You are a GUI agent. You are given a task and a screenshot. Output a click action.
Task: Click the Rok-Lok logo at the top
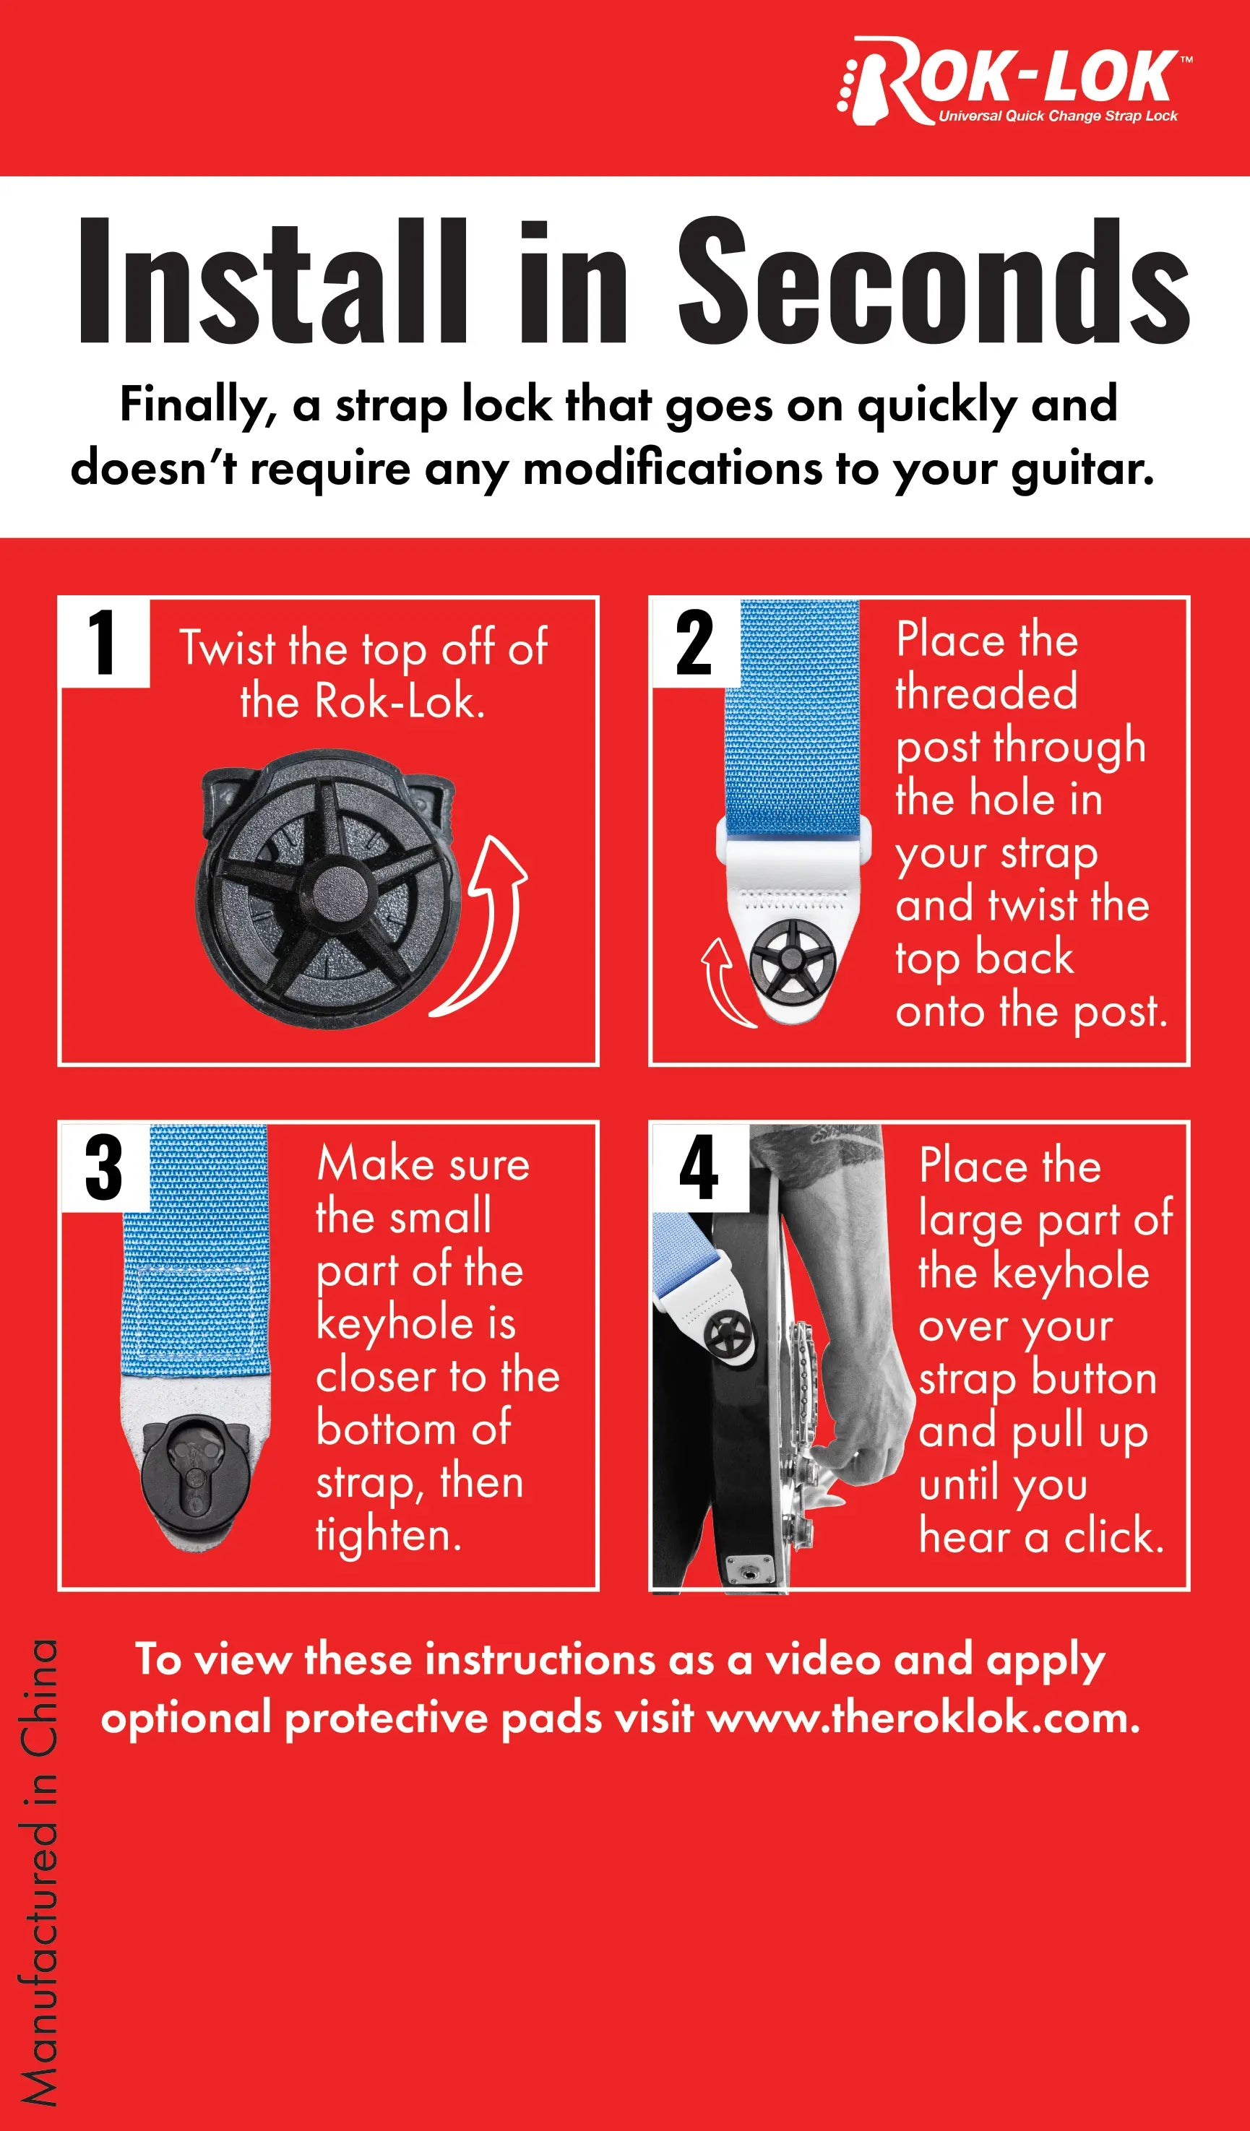[1015, 80]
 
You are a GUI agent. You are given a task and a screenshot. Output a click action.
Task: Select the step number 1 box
[105, 643]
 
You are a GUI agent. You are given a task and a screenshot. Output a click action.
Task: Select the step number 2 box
[695, 643]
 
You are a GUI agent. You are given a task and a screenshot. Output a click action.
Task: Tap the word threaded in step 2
[987, 693]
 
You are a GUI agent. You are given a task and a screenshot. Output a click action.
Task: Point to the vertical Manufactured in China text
[39, 1872]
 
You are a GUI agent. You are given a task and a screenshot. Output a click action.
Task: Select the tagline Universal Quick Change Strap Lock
[1057, 116]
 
